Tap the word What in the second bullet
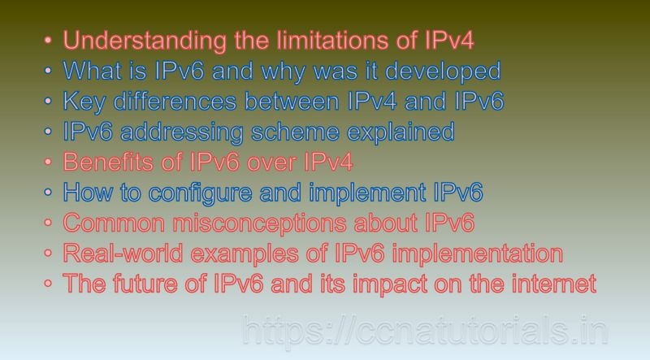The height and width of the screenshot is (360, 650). click(90, 71)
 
